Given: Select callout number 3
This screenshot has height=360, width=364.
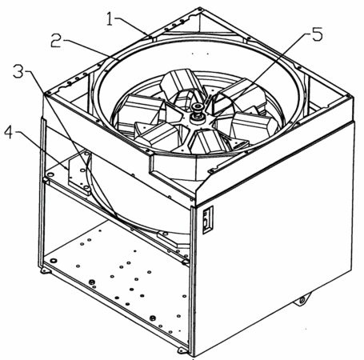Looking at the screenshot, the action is pos(19,70).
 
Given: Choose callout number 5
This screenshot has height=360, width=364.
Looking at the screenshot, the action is pos(317,34).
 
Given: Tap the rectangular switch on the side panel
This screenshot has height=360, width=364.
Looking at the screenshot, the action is pos(208,220).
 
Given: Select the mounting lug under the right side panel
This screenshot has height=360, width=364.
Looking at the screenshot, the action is pos(302,299).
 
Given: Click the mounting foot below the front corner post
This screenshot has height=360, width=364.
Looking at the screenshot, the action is pos(184,349).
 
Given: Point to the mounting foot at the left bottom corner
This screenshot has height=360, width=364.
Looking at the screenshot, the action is pos(46,270).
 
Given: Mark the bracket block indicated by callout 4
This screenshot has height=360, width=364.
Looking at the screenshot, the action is pos(79,173).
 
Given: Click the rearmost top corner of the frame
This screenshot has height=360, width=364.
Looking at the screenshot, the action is pos(200,9).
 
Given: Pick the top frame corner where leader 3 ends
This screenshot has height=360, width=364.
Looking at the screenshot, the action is pos(47,94).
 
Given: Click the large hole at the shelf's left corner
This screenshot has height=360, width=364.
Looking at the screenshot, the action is pos(50,174).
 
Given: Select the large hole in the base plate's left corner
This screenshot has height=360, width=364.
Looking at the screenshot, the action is pos(53,260).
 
